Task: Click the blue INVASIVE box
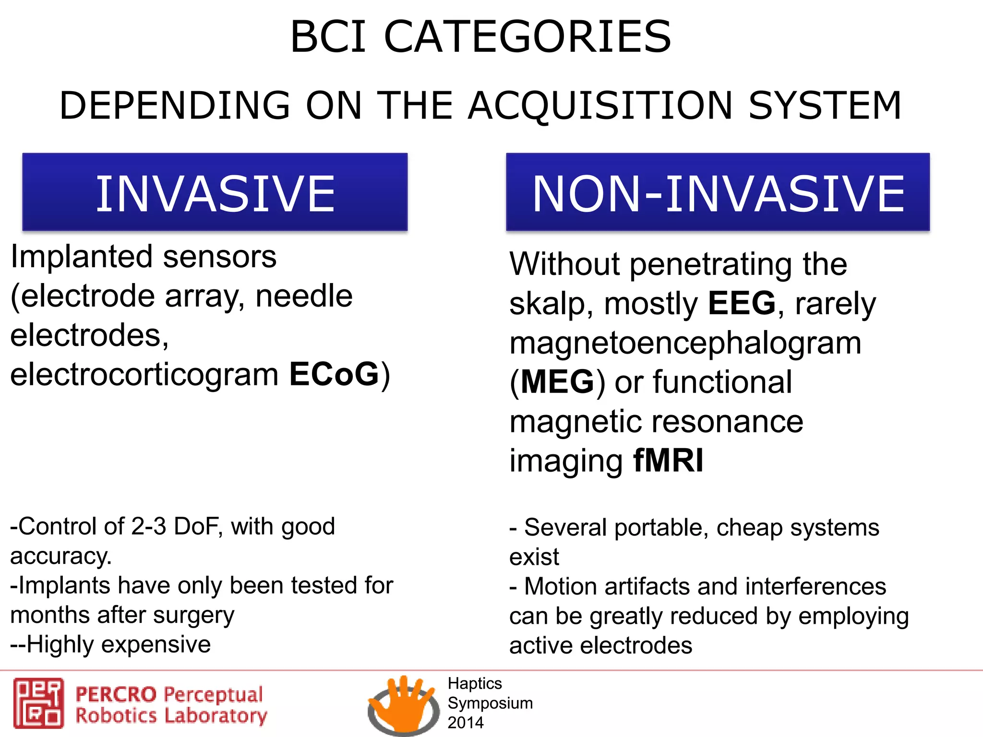[215, 192]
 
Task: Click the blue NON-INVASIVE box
[718, 192]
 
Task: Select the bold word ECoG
[334, 374]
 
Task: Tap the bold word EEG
[742, 303]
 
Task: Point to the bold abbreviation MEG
[557, 382]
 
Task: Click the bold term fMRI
[668, 461]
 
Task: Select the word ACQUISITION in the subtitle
[600, 106]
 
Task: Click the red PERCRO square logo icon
[38, 703]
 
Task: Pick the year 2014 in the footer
[465, 723]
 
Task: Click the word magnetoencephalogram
[685, 343]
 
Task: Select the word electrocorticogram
[144, 374]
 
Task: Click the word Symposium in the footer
[490, 703]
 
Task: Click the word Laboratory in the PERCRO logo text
[216, 715]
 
